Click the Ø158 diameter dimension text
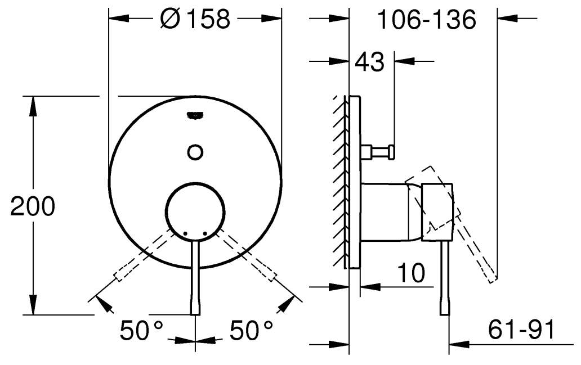coord(195,19)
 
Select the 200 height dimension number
coord(33,206)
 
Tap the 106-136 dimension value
coord(427,20)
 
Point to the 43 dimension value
coord(370,62)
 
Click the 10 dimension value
coord(411,273)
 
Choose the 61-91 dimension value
coord(521,330)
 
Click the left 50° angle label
coord(141,330)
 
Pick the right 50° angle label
coord(251,330)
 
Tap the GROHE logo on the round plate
coord(195,115)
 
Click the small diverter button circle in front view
coord(195,152)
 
